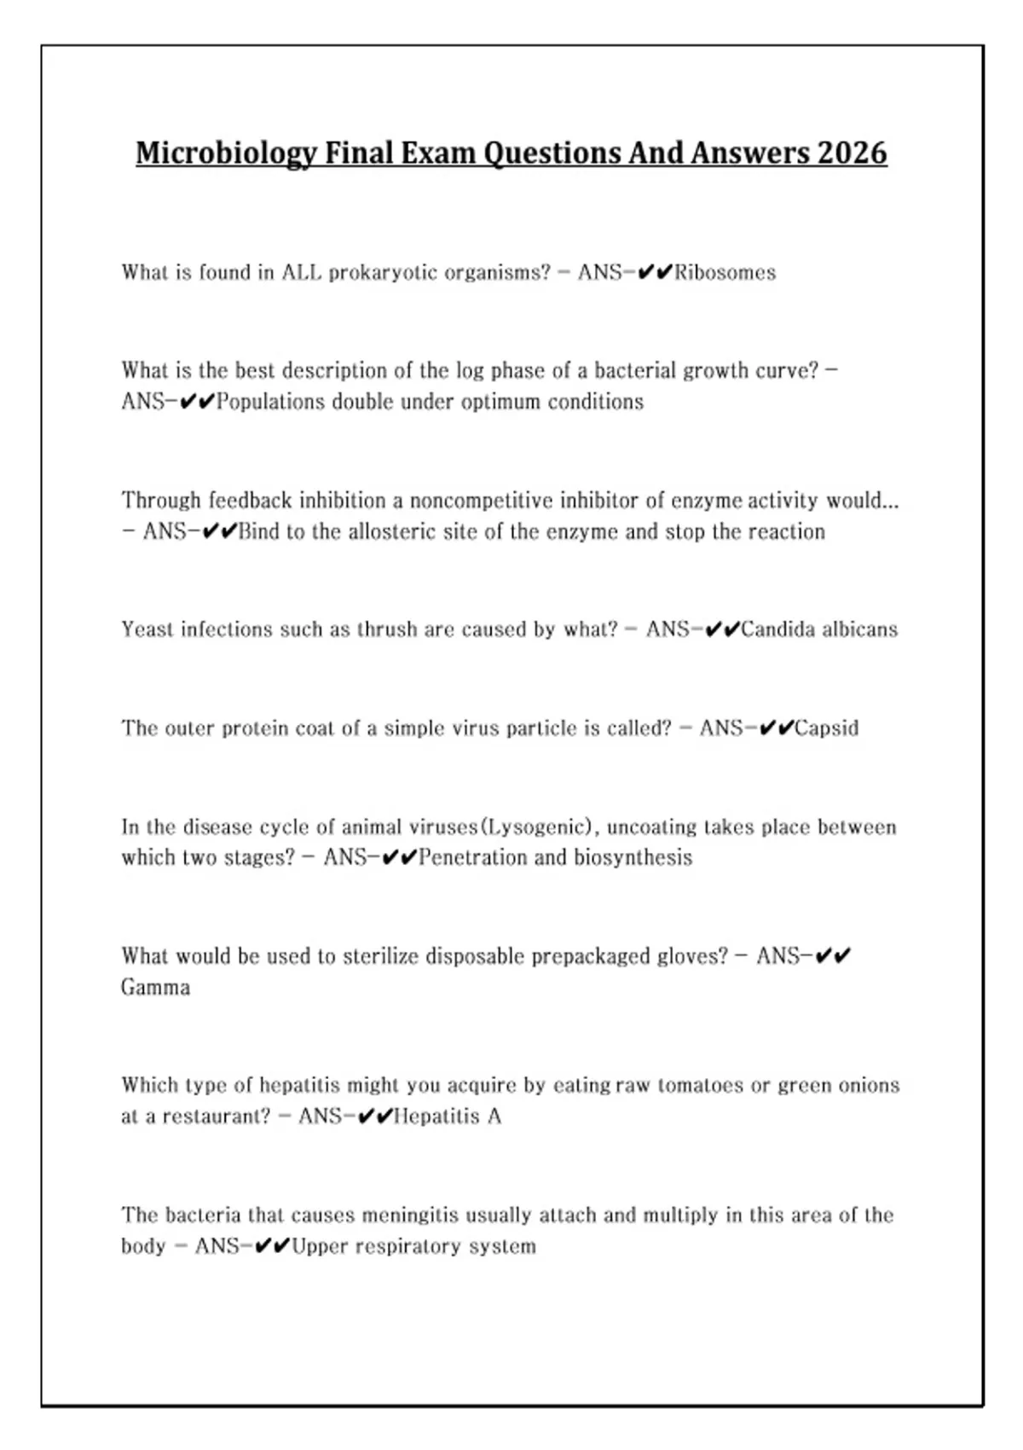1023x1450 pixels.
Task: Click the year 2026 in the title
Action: point(852,153)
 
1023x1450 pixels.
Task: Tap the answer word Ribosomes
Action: point(725,273)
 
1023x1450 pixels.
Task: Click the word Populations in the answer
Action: point(270,402)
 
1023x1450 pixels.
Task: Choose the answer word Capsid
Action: point(826,728)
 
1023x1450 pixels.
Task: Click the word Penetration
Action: point(472,857)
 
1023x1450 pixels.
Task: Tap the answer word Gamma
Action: point(155,988)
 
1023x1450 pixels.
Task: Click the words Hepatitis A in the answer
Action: point(447,1116)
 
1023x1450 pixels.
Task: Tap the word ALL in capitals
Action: point(302,273)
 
